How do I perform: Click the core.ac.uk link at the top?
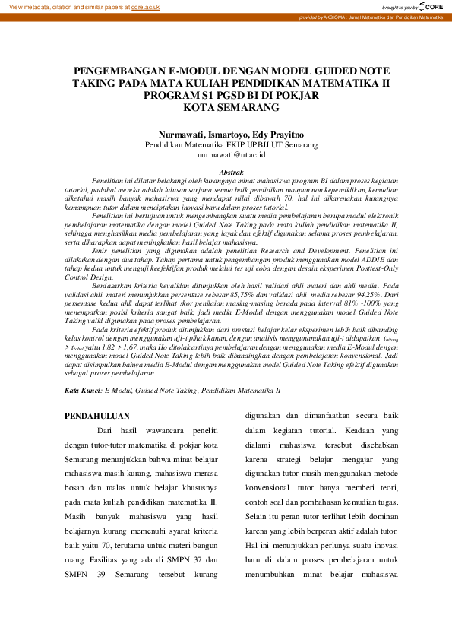pyautogui.click(x=145, y=7)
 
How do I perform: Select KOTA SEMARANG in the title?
pyautogui.click(x=226, y=107)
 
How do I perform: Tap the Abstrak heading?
pyautogui.click(x=231, y=173)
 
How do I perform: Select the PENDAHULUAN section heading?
pyautogui.click(x=97, y=416)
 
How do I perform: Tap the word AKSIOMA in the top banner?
pyautogui.click(x=330, y=17)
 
